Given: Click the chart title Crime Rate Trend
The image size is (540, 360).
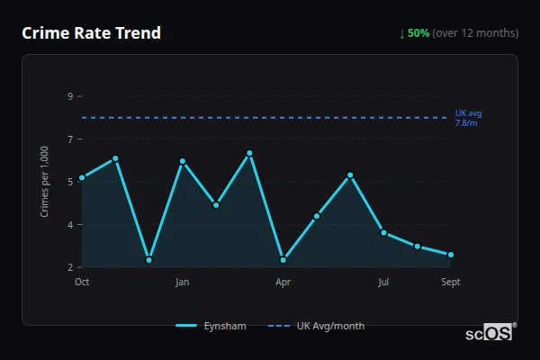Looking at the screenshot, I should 91,33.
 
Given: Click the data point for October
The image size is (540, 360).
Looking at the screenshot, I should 82,177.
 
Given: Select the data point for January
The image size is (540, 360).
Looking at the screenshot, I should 183,161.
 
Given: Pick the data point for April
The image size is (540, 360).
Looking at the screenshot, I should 283,260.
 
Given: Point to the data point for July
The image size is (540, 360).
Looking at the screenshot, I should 383,232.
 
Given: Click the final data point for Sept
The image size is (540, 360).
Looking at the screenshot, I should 451,255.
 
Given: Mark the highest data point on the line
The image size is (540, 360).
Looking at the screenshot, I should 249,153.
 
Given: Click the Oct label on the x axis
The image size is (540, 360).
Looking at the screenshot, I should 82,282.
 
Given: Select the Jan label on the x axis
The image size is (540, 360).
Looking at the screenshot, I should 183,282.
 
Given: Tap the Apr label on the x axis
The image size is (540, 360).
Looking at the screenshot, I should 283,282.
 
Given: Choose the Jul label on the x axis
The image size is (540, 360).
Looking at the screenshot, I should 383,282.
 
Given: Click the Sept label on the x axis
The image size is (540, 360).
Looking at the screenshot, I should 451,282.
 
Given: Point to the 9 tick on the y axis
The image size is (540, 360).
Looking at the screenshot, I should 69,96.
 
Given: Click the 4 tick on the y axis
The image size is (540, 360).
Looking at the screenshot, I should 69,224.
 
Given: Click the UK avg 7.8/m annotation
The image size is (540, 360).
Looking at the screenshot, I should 468,117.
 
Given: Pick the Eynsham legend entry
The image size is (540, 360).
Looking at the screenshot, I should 211,326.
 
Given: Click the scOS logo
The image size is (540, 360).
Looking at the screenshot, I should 490,332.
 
